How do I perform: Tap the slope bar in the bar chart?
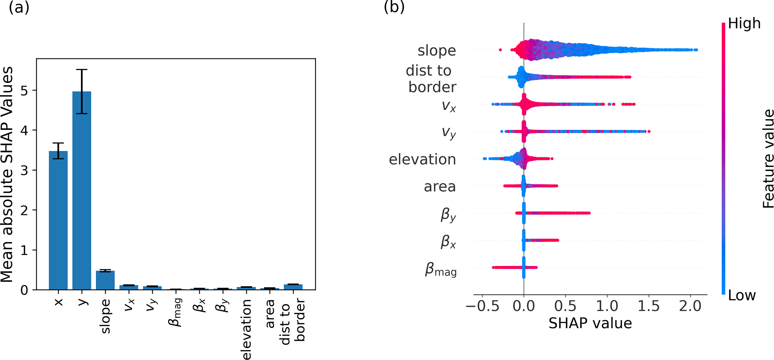(105, 280)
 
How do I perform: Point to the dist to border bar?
(293, 287)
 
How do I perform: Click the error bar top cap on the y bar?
(82, 70)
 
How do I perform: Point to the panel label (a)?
(19, 7)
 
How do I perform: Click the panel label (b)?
(394, 7)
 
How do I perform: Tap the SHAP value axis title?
(590, 323)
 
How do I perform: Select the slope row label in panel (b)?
(437, 51)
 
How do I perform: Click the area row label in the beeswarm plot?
(440, 187)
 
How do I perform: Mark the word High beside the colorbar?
(744, 24)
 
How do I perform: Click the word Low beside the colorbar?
(742, 296)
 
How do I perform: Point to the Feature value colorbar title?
(768, 158)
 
